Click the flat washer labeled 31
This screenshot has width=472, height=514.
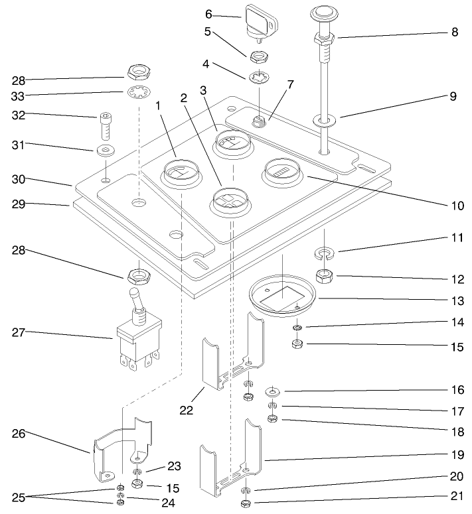coord(104,150)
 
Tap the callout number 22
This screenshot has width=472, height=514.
coord(187,411)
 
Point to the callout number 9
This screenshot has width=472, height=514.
coord(453,96)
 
